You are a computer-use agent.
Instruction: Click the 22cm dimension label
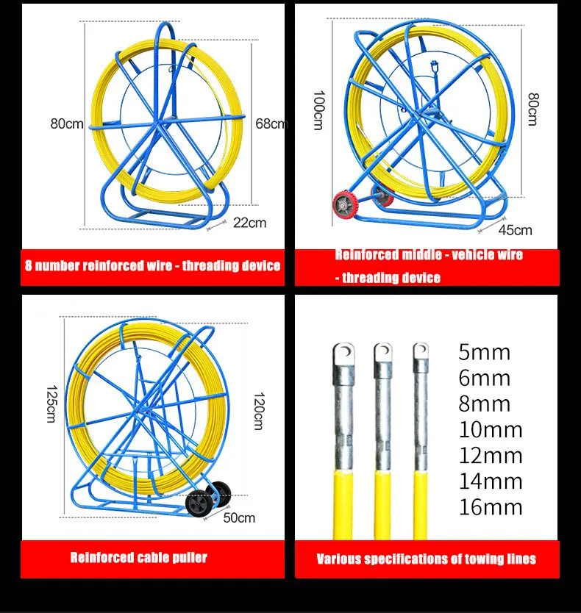(x=249, y=223)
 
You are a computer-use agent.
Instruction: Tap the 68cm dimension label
(x=272, y=124)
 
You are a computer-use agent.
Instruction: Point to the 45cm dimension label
(x=516, y=230)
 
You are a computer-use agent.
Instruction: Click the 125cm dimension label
(x=51, y=404)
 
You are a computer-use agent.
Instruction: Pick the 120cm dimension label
(x=259, y=411)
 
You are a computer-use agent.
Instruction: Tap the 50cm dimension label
(x=239, y=518)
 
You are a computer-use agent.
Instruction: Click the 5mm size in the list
(x=485, y=352)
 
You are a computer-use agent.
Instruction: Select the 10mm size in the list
(x=491, y=430)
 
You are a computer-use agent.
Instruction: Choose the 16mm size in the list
(x=491, y=507)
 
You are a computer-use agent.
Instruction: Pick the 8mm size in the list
(x=485, y=404)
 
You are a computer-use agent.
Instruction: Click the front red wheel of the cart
(x=343, y=204)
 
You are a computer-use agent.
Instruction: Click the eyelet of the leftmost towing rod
(x=344, y=354)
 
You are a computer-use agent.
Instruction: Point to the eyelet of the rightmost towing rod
(x=421, y=351)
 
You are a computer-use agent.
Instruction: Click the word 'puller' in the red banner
(x=189, y=557)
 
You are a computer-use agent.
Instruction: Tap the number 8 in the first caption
(x=28, y=265)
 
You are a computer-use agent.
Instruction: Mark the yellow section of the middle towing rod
(x=382, y=505)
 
